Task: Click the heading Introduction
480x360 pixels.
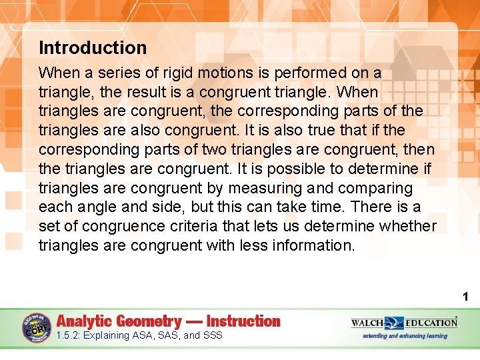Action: tap(93, 48)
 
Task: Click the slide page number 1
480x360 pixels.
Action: tap(466, 296)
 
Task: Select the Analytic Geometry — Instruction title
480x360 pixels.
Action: tap(169, 321)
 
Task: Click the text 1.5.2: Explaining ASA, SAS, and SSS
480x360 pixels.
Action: tap(140, 335)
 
